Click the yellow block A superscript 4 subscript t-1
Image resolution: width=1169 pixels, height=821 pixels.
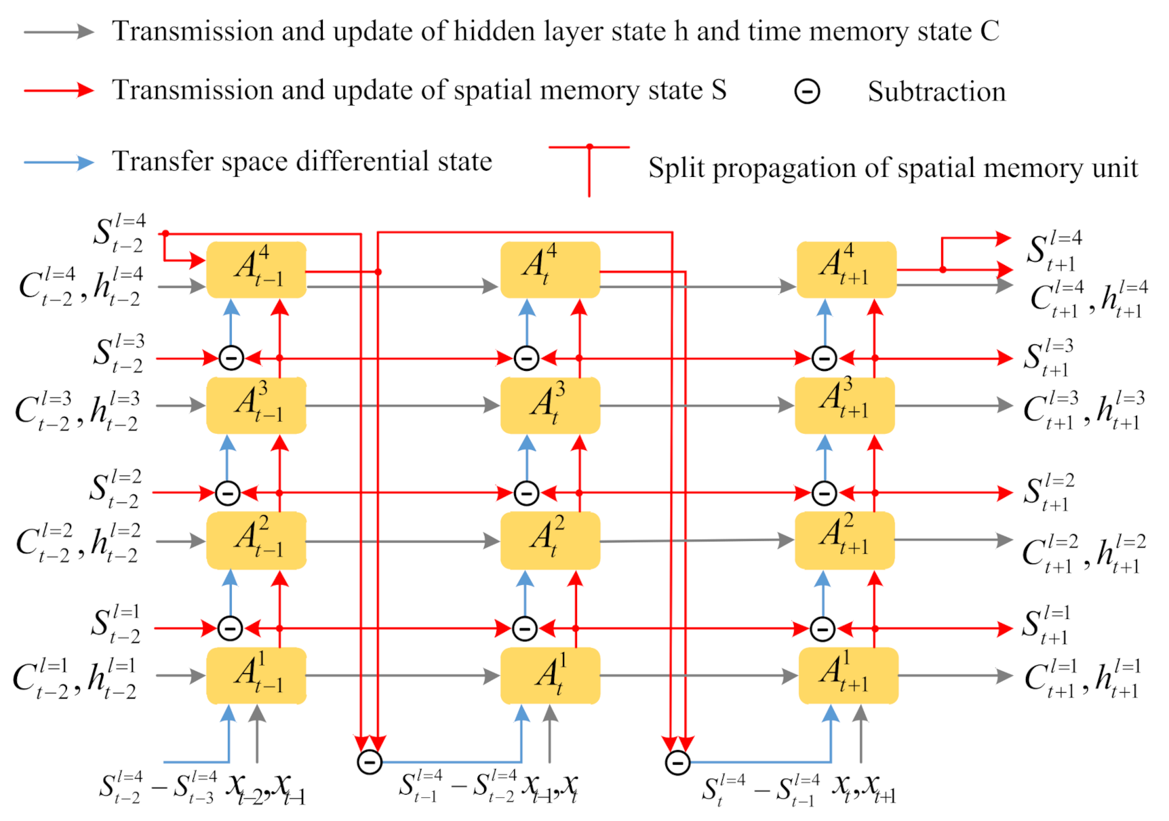click(x=256, y=269)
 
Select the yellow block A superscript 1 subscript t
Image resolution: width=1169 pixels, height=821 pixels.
click(x=550, y=675)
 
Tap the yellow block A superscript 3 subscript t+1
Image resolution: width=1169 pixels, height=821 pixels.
click(x=845, y=405)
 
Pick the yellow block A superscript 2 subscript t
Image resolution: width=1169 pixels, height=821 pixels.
click(x=550, y=540)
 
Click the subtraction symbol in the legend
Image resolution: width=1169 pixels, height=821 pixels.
click(x=807, y=91)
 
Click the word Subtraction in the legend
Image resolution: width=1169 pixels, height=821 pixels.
click(x=936, y=92)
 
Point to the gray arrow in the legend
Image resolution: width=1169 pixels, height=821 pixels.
click(x=58, y=31)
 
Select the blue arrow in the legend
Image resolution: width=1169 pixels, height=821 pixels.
click(x=58, y=163)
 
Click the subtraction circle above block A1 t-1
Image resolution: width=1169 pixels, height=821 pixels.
click(x=230, y=628)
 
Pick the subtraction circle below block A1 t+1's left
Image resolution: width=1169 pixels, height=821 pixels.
click(x=677, y=762)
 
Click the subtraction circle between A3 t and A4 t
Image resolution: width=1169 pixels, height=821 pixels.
click(x=526, y=358)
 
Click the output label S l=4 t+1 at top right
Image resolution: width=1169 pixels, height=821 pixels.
click(x=1055, y=250)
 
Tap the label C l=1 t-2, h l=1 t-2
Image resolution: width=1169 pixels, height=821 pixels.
click(x=75, y=678)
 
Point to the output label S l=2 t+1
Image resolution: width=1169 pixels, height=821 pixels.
click(x=1048, y=493)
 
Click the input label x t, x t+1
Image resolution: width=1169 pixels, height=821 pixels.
click(x=864, y=788)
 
